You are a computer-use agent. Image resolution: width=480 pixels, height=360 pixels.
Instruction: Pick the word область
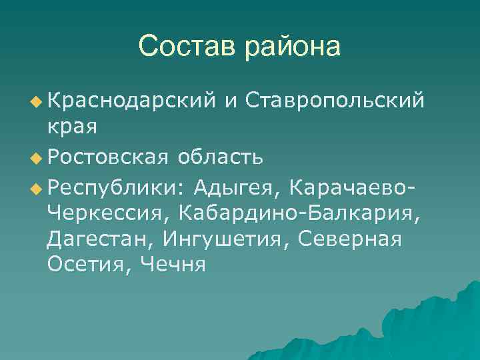tap(220, 157)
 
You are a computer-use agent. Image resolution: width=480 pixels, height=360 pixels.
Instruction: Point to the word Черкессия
tap(106, 214)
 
